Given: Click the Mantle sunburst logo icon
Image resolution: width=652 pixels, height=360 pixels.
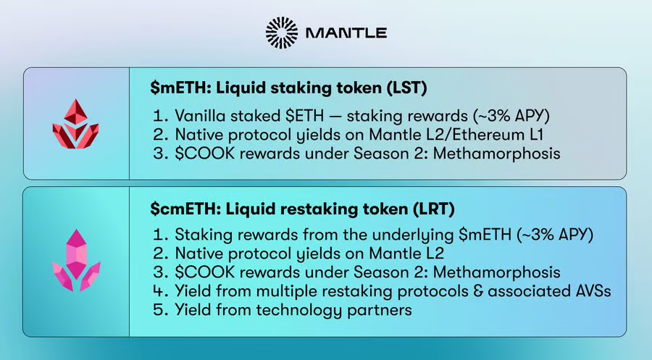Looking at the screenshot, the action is (x=282, y=33).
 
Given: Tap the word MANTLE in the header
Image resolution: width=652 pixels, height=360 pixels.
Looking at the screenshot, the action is (x=346, y=33).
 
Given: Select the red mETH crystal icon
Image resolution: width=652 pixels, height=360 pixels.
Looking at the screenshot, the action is (x=75, y=124).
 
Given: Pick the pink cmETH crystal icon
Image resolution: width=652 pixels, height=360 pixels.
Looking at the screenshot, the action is (x=76, y=260).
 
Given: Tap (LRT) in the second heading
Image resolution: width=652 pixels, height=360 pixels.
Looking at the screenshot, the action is (x=434, y=209).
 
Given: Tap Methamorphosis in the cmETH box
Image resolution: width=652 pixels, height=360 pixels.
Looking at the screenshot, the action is (x=496, y=272).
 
